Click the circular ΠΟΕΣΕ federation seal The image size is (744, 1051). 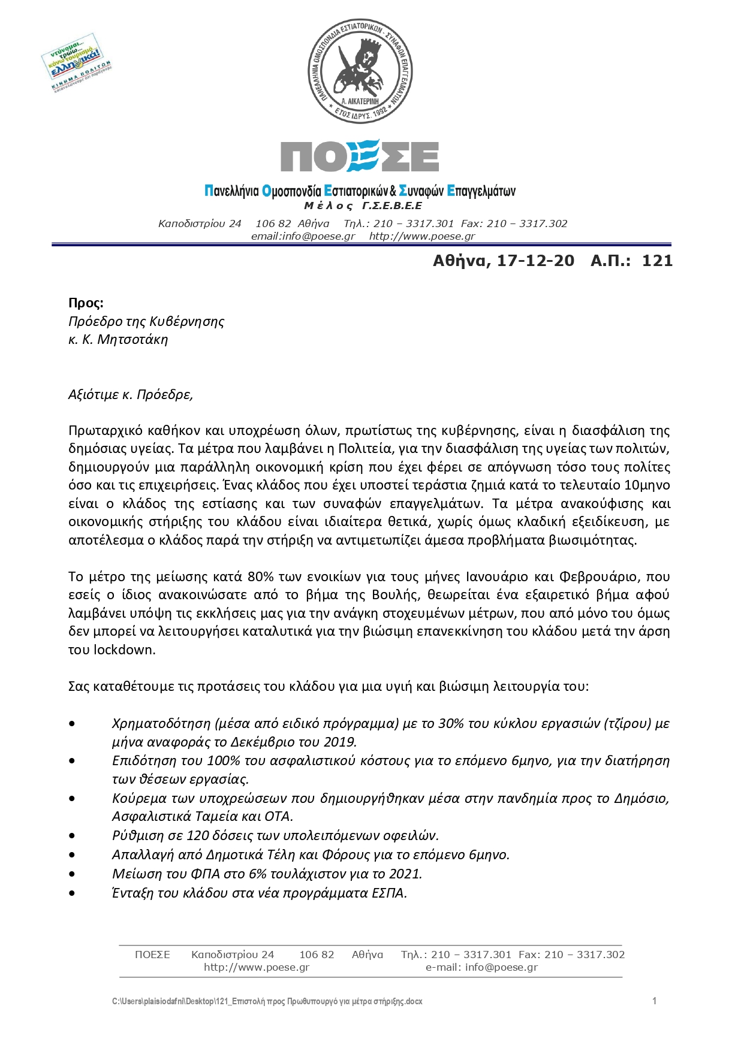pos(360,71)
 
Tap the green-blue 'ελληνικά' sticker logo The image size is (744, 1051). pos(76,64)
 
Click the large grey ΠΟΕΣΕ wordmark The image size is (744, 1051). pos(360,157)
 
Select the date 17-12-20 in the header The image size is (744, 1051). pos(535,261)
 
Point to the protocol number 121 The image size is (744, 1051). pos(658,261)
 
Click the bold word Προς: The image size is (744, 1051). pos(86,303)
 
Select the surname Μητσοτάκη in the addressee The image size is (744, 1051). pos(132,340)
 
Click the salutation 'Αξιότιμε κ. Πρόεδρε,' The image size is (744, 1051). pos(131,394)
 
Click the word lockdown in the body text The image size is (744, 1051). pos(124,650)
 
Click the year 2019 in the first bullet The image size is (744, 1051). pos(339,742)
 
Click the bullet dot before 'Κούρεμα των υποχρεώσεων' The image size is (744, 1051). pos(73,798)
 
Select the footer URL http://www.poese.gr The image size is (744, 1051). pos(257,967)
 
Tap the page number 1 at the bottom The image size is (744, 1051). pos(655,1001)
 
